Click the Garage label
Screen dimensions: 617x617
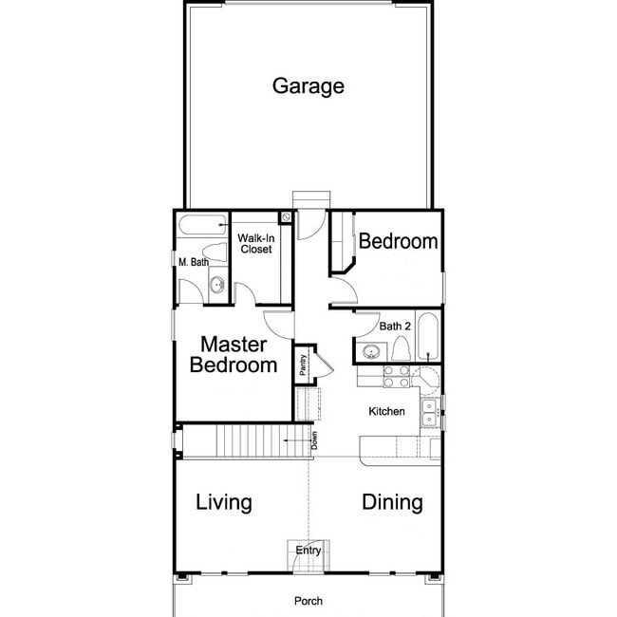[308, 86]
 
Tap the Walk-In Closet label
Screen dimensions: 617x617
[254, 243]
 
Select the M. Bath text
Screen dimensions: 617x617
[195, 262]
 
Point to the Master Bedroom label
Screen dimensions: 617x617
[234, 354]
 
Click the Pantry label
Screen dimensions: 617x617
[302, 365]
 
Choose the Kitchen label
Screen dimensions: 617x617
[387, 412]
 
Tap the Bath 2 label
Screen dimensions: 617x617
[394, 326]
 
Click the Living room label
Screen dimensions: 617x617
[223, 502]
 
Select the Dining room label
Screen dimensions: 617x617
[392, 502]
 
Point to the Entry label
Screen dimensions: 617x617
[308, 551]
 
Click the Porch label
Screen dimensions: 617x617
[308, 601]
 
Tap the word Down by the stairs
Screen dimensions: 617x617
[313, 440]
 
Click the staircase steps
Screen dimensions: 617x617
[249, 441]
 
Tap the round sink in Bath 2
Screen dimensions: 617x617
[370, 352]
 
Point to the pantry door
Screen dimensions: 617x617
[324, 365]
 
